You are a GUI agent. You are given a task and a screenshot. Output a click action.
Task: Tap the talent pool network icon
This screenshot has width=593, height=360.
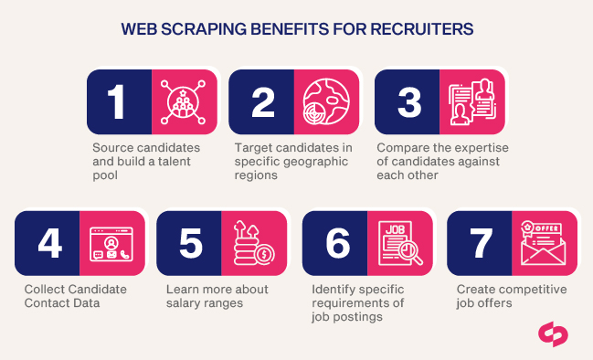[x=185, y=101]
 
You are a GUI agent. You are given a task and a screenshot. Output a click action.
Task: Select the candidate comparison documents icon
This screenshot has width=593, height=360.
[x=472, y=101]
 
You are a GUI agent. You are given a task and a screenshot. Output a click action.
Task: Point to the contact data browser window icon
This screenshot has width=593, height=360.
[x=113, y=243]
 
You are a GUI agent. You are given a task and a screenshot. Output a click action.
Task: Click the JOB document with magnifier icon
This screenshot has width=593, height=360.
[x=400, y=243]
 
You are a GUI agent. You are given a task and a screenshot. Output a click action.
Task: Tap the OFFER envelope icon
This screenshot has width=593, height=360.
[x=544, y=243]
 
